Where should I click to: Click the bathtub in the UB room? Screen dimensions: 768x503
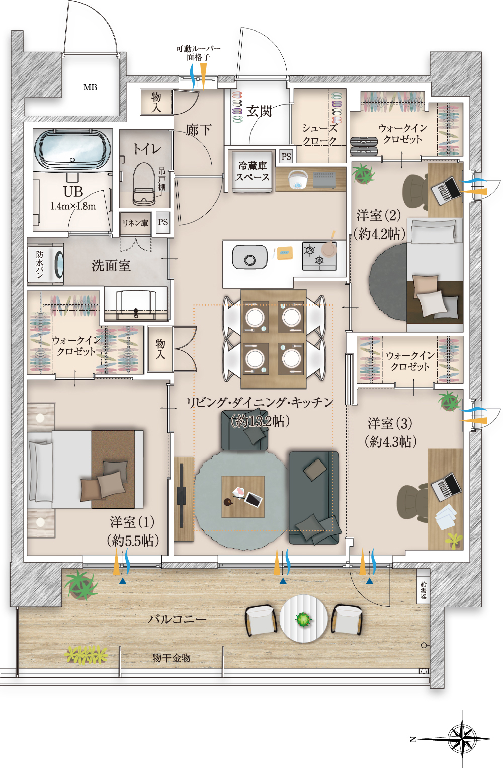click(73, 149)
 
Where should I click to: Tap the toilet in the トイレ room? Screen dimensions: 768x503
click(144, 184)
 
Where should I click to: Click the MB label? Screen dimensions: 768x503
click(90, 87)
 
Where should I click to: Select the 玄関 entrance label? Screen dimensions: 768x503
click(259, 111)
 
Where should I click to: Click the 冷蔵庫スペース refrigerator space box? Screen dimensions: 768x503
click(253, 171)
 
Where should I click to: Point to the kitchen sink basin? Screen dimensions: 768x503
click(250, 257)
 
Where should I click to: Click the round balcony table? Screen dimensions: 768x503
click(303, 619)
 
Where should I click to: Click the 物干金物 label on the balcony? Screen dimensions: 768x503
click(172, 658)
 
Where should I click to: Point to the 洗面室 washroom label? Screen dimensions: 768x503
click(111, 265)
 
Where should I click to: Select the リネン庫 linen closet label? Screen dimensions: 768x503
click(135, 223)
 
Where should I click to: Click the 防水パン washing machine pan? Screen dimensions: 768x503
click(45, 264)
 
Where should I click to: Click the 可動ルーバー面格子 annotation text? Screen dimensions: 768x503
click(198, 53)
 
